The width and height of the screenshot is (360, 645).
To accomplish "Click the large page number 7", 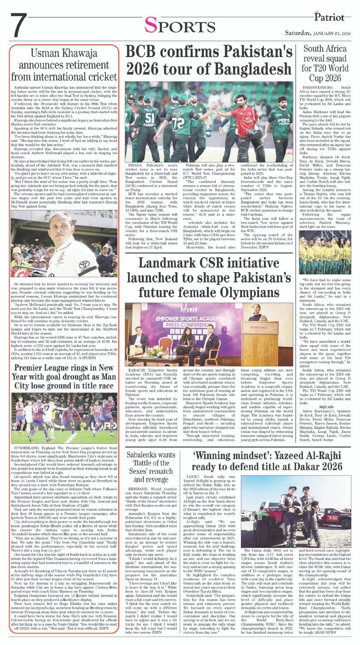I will [17, 27].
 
